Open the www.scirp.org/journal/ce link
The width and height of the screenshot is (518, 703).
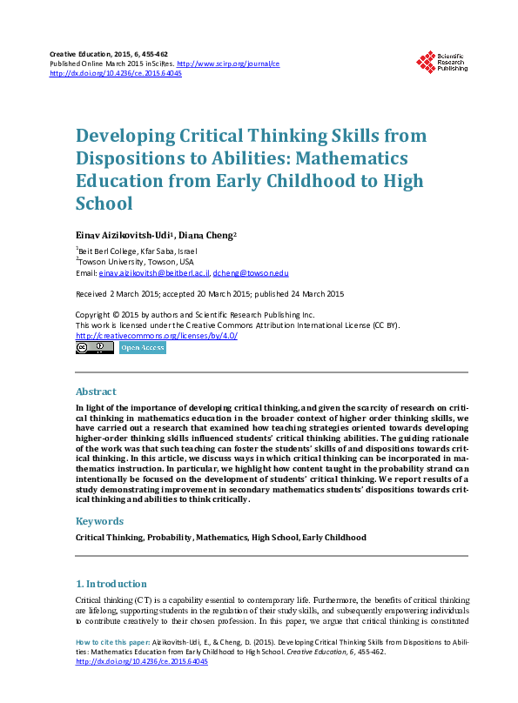[x=228, y=64]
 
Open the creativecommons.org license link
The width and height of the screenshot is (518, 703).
[x=157, y=336]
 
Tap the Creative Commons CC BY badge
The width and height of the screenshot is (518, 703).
[x=94, y=348]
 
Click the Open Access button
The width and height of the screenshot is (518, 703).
[x=142, y=348]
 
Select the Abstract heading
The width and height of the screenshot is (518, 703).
[x=96, y=392]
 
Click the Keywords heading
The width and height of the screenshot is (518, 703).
[x=99, y=521]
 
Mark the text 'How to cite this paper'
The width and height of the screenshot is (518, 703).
[x=113, y=640]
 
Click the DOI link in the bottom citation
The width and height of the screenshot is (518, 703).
[x=142, y=661]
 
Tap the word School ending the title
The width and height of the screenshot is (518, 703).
[x=104, y=204]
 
